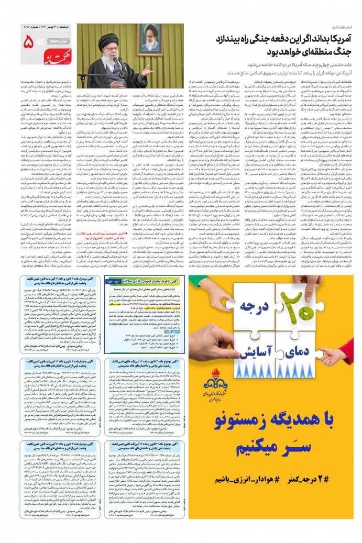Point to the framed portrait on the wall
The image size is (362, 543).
pyautogui.click(x=151, y=38)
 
